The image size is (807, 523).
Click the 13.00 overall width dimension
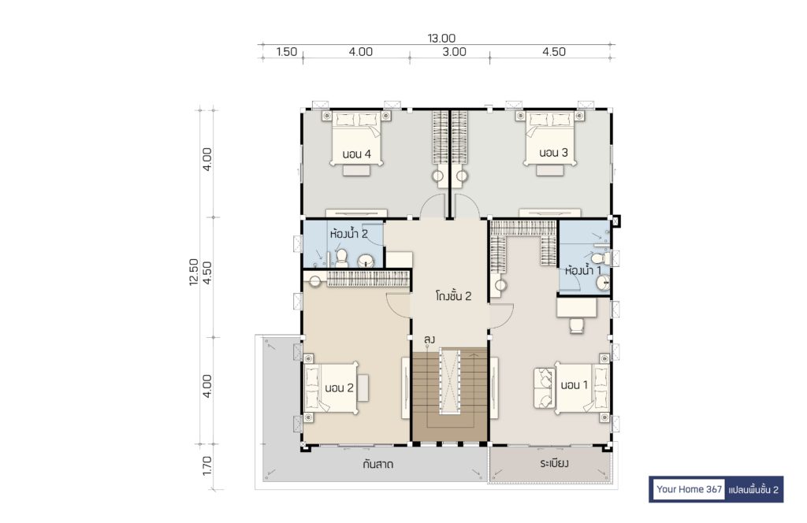point(441,38)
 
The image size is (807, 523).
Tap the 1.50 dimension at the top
point(287,51)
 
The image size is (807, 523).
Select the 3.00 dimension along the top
point(455,51)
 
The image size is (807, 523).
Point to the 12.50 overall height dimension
point(194,272)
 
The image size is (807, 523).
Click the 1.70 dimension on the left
point(207,466)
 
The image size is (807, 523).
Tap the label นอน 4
point(357,154)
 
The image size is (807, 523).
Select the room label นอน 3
point(554,153)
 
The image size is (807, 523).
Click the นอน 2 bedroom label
point(339,388)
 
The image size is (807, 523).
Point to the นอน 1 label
point(574,385)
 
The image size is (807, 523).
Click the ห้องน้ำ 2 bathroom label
point(349,234)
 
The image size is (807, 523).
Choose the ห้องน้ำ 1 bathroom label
point(583,270)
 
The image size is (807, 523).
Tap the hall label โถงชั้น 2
point(453,296)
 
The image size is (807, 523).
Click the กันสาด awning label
point(377,465)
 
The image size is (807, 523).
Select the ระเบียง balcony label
point(554,463)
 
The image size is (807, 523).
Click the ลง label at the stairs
point(430,339)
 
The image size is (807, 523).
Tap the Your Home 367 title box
point(689,489)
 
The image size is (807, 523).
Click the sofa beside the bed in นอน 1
point(544,388)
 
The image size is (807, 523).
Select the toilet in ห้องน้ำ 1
point(601,258)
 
